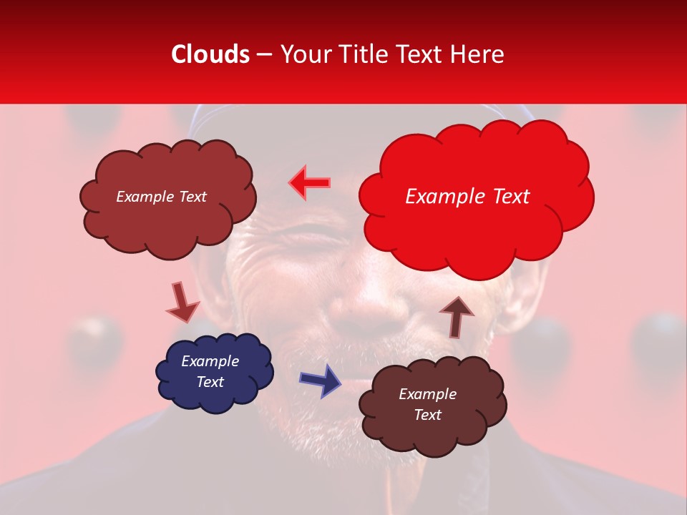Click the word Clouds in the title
[210, 54]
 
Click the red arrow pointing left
[309, 182]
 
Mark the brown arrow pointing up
[457, 315]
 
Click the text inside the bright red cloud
[467, 197]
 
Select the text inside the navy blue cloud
[210, 372]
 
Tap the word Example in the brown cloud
[427, 394]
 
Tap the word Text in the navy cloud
[210, 382]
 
